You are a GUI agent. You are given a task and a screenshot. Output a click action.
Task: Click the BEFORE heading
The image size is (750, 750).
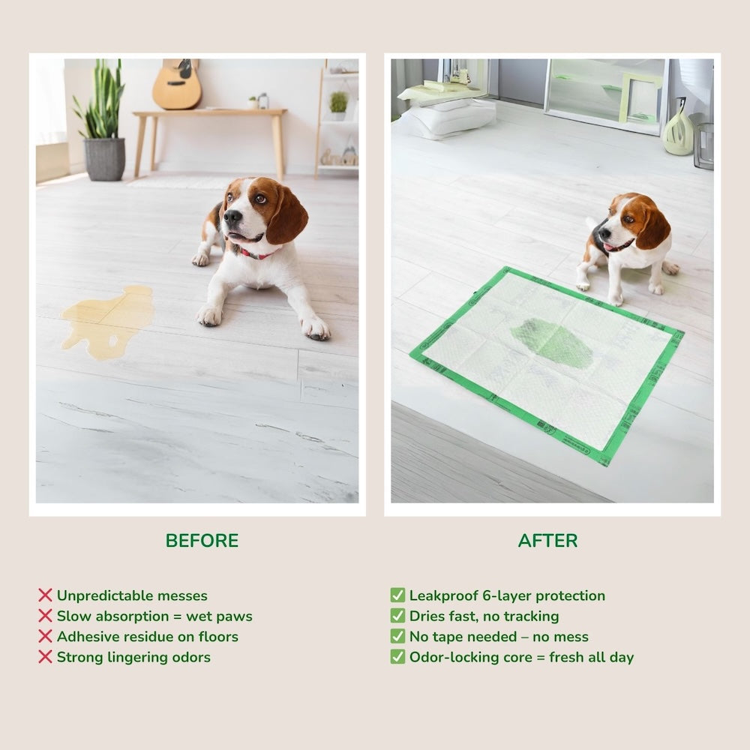(x=202, y=541)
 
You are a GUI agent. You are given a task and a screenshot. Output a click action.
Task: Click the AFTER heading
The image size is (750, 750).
(x=547, y=541)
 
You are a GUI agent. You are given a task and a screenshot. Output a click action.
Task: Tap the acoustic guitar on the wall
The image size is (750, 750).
(x=177, y=86)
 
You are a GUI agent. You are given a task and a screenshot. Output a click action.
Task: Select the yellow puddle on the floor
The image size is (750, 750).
(x=109, y=319)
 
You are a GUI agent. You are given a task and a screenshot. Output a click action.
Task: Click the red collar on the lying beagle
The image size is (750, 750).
(x=255, y=254)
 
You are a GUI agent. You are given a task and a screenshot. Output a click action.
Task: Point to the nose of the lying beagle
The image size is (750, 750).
(x=232, y=217)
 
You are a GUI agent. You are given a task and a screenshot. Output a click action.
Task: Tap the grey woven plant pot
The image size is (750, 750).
(x=104, y=159)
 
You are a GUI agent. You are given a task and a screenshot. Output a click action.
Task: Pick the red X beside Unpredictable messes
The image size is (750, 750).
(x=45, y=595)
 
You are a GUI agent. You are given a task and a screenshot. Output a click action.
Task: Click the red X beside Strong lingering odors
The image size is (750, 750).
(x=45, y=657)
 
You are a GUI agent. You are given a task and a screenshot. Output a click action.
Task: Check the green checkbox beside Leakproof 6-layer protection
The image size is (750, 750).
(x=397, y=595)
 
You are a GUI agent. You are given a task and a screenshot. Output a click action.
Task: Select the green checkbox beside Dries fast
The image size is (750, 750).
(x=397, y=616)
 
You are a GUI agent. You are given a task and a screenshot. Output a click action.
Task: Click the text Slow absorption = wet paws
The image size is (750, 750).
(x=154, y=616)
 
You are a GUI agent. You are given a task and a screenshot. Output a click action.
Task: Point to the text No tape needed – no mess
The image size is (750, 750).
(x=499, y=637)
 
